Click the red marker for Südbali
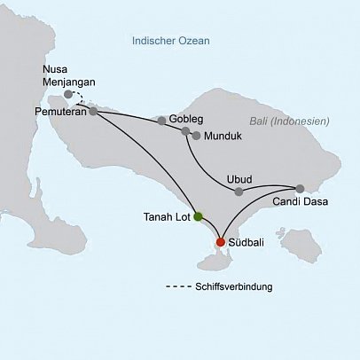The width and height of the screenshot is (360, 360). click(x=221, y=241)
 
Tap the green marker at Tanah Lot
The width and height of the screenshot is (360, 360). click(x=199, y=215)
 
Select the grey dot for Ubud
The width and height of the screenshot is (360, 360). click(x=241, y=191)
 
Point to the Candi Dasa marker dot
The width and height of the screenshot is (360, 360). click(x=300, y=188)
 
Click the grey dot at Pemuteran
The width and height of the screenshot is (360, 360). click(x=92, y=111)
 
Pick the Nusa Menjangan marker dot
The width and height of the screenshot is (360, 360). click(x=68, y=93)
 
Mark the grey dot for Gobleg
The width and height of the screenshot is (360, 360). click(x=161, y=120)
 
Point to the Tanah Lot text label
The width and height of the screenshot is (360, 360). click(x=165, y=215)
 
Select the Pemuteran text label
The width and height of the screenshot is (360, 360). click(x=58, y=113)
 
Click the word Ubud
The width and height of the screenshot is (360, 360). click(x=240, y=176)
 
